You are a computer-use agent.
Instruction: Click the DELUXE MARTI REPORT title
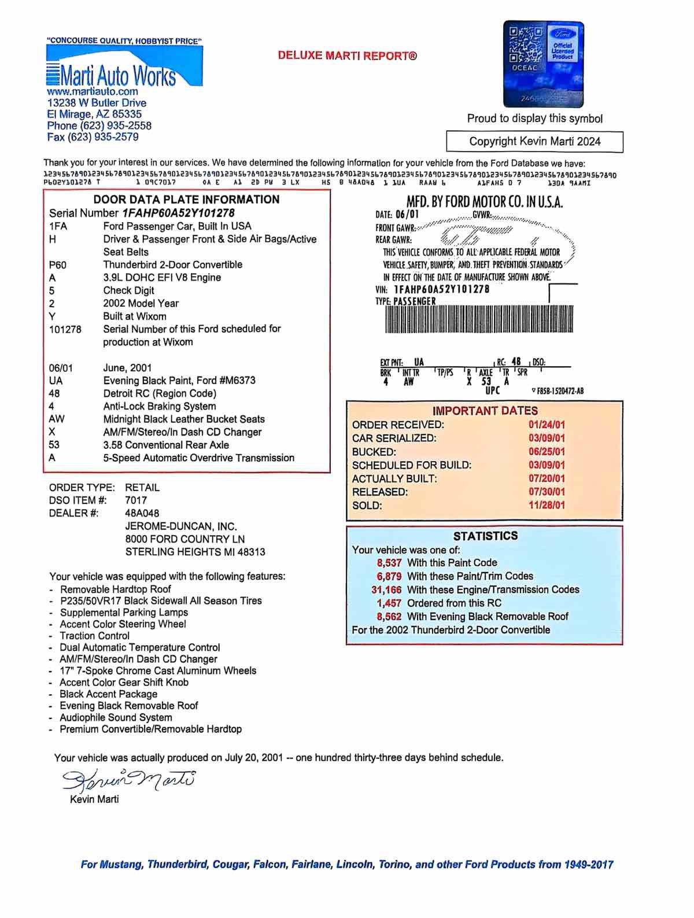(347, 56)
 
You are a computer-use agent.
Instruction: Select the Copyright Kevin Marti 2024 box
(534, 142)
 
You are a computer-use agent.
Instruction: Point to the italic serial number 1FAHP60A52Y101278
(179, 213)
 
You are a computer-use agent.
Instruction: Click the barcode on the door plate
(479, 319)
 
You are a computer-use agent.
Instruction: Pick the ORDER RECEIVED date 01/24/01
(547, 425)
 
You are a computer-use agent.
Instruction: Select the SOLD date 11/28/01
(547, 505)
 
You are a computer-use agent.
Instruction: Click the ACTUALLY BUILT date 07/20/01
(547, 478)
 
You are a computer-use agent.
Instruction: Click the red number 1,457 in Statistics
(389, 603)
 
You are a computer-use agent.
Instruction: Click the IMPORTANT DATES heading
(485, 411)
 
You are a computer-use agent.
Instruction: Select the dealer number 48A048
(142, 513)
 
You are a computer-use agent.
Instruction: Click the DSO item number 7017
(136, 500)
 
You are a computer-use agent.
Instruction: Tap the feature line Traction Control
(95, 636)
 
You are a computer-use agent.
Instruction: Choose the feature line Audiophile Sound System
(116, 717)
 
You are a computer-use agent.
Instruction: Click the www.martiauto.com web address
(93, 91)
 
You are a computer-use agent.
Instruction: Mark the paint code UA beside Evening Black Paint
(56, 381)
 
